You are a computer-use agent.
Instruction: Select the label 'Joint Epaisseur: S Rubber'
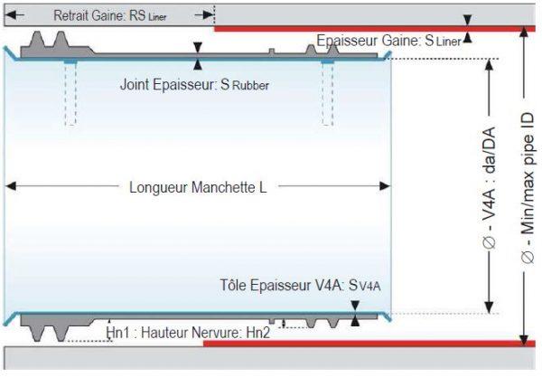coord(195,85)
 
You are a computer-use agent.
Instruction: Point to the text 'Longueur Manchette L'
coord(198,188)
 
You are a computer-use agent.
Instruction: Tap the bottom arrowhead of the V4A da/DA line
coord(489,306)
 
